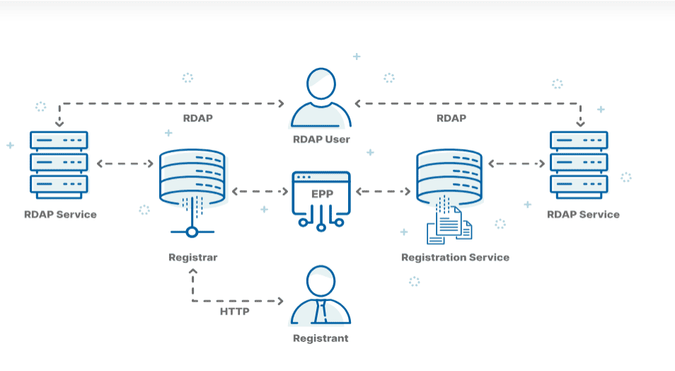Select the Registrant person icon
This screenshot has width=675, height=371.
321,295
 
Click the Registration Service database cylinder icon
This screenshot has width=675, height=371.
449,175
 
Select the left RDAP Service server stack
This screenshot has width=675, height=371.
59,163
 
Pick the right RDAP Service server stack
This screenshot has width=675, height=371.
579,163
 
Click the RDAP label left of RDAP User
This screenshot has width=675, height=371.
197,118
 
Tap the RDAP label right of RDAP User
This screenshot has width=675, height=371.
451,118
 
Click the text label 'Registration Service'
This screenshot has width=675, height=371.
455,257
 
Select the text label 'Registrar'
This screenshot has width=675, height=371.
192,257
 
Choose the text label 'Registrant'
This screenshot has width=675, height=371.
321,338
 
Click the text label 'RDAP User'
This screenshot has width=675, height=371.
321,139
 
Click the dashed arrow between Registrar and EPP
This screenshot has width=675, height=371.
260,192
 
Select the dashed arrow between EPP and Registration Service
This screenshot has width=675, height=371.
383,192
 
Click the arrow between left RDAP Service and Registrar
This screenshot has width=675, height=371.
125,164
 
